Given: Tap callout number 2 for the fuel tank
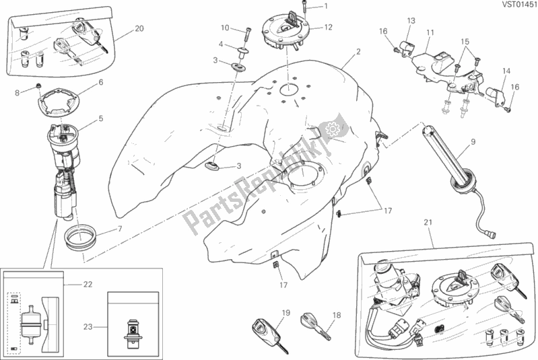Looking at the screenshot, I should (358, 52).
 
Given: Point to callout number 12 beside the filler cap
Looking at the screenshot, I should (329, 28).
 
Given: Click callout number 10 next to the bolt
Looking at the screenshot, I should (224, 28).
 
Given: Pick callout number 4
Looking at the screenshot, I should (220, 44).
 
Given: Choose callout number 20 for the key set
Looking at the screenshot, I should (139, 28).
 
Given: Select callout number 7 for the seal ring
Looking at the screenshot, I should (119, 229).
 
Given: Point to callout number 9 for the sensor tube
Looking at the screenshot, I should (473, 141).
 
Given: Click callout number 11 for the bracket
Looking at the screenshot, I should (430, 32).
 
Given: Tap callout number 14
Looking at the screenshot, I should (507, 70).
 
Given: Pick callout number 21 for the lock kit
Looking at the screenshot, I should (428, 223).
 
